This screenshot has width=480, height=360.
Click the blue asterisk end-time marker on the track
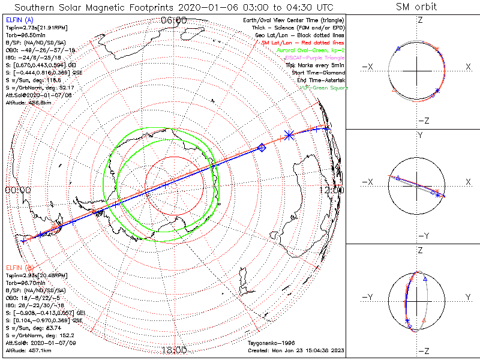pos(289,136)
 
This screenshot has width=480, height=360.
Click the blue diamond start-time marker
pos(261,147)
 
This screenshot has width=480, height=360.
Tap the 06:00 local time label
pos(174,20)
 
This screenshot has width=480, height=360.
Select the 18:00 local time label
pos(174,350)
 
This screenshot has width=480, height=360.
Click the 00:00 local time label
pos(17,190)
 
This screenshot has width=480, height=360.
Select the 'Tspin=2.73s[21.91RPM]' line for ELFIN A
pos(30,27)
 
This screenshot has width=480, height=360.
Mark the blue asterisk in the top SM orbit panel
pos(438,91)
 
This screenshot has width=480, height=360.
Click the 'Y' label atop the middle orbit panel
pos(419,136)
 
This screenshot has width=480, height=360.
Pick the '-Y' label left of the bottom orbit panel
pos(368,297)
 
